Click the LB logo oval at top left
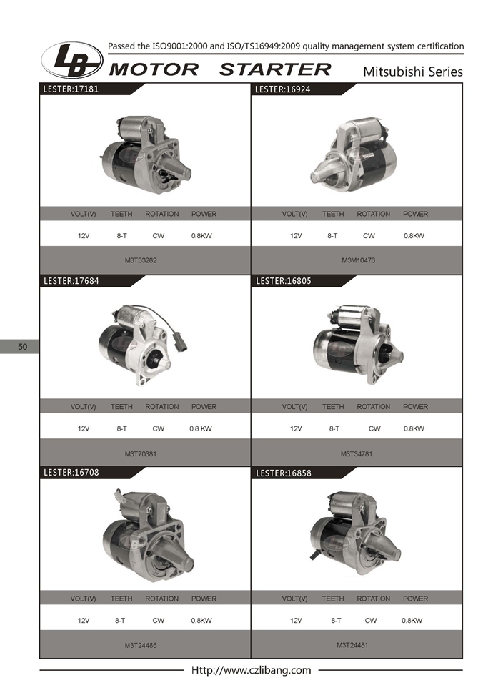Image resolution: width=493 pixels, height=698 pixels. tap(72, 60)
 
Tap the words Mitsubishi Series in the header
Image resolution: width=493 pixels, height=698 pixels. tap(412, 72)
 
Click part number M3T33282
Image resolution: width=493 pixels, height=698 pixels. tap(141, 260)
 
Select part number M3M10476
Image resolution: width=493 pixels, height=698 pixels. tap(358, 260)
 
